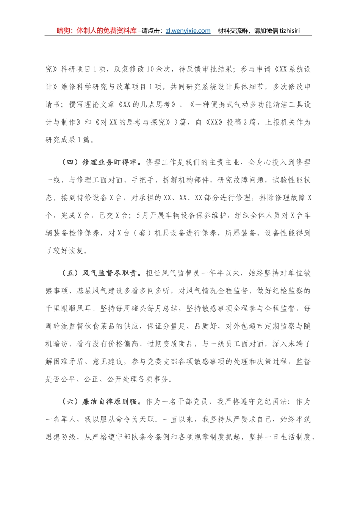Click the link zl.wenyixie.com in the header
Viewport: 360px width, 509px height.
tap(188, 31)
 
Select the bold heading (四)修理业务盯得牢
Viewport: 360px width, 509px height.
tap(102, 162)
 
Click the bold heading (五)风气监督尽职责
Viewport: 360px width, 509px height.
tap(102, 273)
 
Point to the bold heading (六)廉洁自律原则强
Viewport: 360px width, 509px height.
tap(102, 402)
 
